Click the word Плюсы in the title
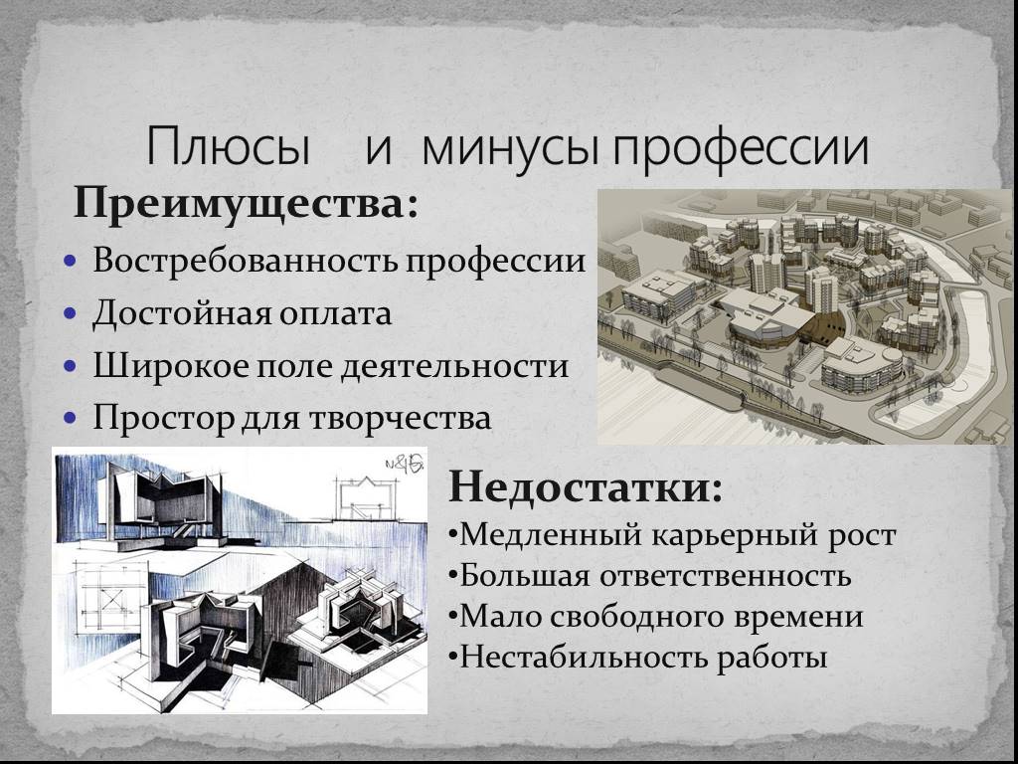click(228, 147)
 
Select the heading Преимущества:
click(247, 205)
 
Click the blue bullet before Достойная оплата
click(71, 313)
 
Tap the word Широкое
click(171, 365)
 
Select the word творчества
click(400, 418)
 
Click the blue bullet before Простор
click(71, 417)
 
